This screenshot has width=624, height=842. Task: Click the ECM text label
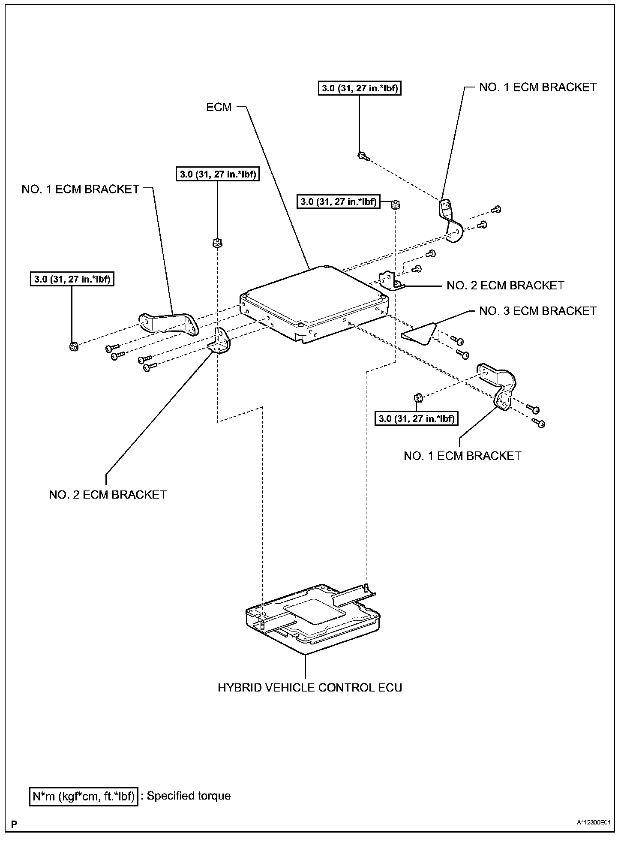(x=219, y=107)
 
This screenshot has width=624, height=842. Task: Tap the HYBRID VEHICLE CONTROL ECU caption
(x=310, y=688)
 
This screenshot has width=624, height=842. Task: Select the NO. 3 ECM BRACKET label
(x=538, y=311)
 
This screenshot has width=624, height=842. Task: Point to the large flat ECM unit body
(x=315, y=302)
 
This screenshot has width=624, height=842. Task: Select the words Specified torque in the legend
(x=189, y=796)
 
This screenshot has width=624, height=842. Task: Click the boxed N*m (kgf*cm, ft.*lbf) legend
(x=84, y=797)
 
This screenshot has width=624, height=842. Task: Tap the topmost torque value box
(x=360, y=88)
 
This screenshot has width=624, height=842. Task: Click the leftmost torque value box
(x=72, y=280)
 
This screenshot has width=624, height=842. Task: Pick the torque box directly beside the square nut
(x=338, y=201)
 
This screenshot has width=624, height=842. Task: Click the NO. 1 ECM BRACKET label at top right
(x=538, y=87)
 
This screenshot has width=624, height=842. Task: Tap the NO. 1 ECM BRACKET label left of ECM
(x=81, y=189)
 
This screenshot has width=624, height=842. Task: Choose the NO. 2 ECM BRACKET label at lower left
(x=108, y=495)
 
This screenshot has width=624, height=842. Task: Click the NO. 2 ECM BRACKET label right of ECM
(x=505, y=286)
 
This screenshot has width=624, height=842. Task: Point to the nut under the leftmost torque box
(x=73, y=346)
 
